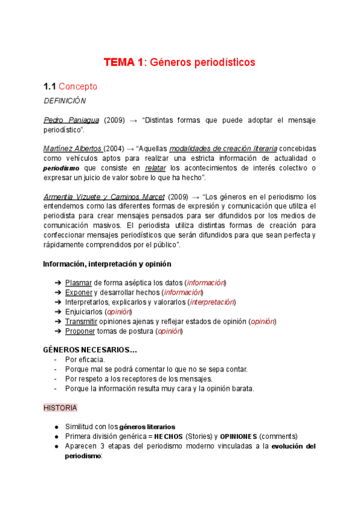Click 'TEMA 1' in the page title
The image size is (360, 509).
click(124, 62)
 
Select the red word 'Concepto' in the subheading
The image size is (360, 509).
click(77, 86)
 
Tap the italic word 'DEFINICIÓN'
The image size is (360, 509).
click(65, 101)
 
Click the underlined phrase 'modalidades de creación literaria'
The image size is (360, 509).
click(223, 149)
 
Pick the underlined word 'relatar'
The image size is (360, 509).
click(155, 168)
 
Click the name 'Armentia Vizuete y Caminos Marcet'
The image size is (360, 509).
click(103, 197)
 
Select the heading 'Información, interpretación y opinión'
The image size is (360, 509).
click(107, 264)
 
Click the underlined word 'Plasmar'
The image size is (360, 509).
click(79, 283)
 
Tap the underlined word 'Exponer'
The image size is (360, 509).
click(79, 292)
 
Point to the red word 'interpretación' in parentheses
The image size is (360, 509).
click(212, 302)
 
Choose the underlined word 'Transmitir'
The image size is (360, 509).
click(81, 321)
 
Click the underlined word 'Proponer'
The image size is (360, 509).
click(80, 331)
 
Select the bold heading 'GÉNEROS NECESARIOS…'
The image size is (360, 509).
click(90, 350)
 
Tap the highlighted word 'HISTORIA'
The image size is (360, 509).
click(60, 408)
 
